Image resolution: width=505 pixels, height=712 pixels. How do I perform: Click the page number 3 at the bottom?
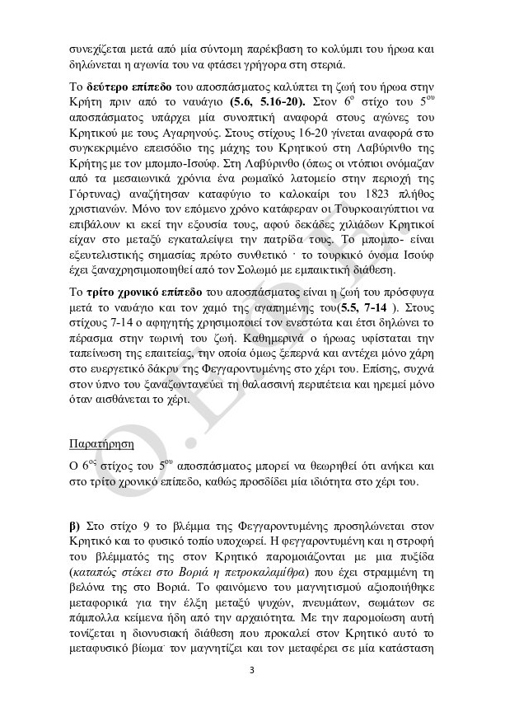point(253,669)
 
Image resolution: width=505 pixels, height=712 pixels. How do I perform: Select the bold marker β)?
point(75,524)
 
